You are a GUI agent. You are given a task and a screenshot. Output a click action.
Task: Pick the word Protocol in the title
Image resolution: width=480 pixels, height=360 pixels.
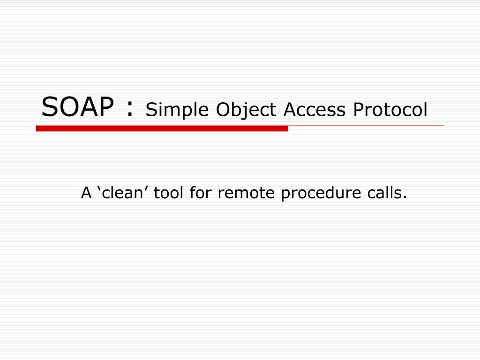tap(390, 110)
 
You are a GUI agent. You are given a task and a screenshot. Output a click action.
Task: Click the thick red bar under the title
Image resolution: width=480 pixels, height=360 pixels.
tap(162, 128)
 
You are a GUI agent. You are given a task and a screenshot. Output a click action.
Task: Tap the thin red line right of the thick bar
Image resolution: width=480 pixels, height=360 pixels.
tap(366, 126)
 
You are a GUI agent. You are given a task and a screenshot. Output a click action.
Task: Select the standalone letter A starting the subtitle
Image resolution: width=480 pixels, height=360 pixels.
tap(86, 193)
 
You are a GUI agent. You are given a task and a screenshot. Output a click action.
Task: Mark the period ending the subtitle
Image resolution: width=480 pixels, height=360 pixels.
tap(405, 198)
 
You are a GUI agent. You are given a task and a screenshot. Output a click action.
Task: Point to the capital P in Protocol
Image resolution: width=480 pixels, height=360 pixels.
tap(358, 110)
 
